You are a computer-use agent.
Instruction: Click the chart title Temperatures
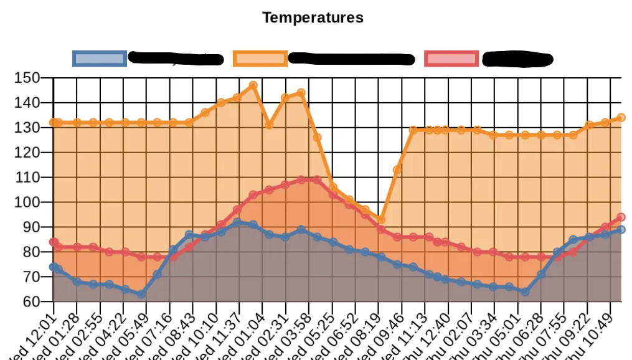(313, 17)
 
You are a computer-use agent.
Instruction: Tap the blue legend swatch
(100, 59)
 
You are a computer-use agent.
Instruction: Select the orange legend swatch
(260, 59)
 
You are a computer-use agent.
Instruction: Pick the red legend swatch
(451, 59)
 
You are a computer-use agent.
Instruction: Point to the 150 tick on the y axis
(27, 78)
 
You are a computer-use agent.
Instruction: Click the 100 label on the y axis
(27, 202)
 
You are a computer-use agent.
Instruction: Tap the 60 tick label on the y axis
(31, 302)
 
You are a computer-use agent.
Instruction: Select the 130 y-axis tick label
(27, 128)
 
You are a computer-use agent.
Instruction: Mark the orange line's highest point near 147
(253, 85)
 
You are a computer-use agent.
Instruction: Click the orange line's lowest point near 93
(381, 220)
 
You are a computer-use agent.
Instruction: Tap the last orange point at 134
(621, 118)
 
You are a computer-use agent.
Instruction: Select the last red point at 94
(621, 217)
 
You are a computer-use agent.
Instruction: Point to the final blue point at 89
(621, 230)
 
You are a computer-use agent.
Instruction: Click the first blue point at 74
(54, 267)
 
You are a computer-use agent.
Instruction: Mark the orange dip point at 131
(270, 125)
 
